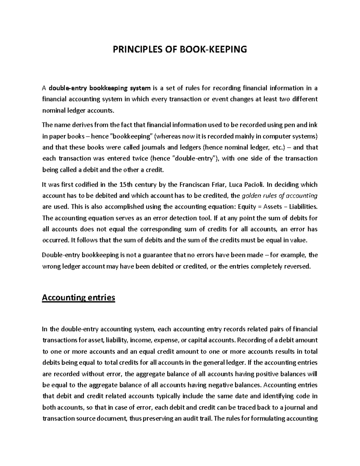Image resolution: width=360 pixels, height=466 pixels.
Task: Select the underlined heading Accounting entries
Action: (x=78, y=298)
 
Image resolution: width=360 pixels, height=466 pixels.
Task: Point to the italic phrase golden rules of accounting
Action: (x=279, y=196)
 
